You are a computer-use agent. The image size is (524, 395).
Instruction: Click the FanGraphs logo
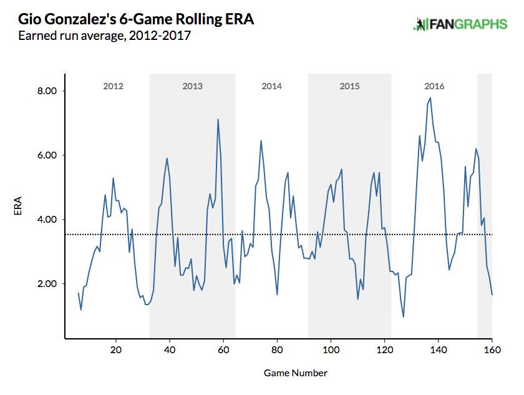coord(460,24)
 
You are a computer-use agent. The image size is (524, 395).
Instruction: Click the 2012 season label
coord(113,86)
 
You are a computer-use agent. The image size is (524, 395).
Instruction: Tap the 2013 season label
coord(192,86)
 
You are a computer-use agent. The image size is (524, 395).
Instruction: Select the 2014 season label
coord(271,86)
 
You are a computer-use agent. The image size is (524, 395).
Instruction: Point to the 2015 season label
coord(349,86)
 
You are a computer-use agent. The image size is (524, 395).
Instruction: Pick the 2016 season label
coord(434,86)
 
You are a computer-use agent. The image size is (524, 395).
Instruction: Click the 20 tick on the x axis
coord(116,349)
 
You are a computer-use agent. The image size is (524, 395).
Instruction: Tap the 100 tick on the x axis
coord(331,349)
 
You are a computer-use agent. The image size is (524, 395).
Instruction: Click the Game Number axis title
coord(295,373)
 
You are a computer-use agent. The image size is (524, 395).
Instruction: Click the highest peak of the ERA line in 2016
coord(430,97)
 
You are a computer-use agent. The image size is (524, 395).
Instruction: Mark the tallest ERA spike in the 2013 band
coord(218,119)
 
